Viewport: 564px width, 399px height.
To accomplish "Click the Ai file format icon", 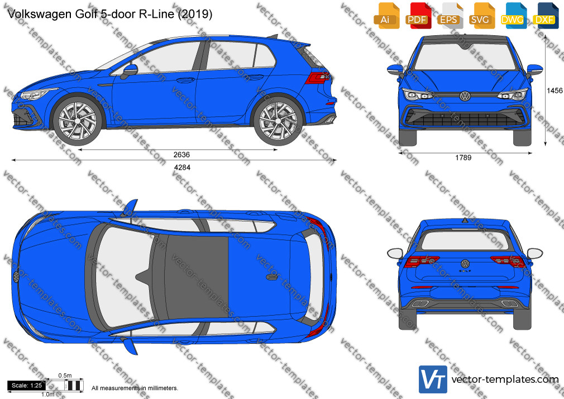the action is tap(386, 16).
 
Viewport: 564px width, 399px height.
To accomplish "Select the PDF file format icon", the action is tap(418, 16).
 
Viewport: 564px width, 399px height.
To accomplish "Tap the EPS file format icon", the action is tap(450, 16).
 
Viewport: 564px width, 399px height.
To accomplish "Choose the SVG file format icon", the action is tap(481, 16).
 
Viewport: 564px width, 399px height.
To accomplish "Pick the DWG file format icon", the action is tap(513, 16).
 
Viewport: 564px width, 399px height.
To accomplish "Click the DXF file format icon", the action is tap(544, 16).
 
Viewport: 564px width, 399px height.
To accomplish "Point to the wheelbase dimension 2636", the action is tap(181, 155).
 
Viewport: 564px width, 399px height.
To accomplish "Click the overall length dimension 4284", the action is tap(183, 168).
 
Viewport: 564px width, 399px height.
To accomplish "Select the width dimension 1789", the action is tap(463, 158).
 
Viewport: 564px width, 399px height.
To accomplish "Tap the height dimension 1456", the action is tap(555, 91).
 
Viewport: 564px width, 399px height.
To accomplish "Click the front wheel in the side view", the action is tap(78, 120).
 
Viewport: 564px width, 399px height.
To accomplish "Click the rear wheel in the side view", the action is tap(278, 120).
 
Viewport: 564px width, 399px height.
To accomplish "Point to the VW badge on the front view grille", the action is tap(465, 96).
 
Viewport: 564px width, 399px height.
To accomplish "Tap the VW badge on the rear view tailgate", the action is tap(466, 264).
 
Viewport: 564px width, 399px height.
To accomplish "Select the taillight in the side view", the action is tap(317, 78).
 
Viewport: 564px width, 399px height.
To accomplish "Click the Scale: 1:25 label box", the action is tap(26, 386).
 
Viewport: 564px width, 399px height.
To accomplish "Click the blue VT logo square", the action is tap(433, 379).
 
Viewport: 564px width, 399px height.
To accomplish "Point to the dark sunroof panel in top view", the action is tap(197, 277).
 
